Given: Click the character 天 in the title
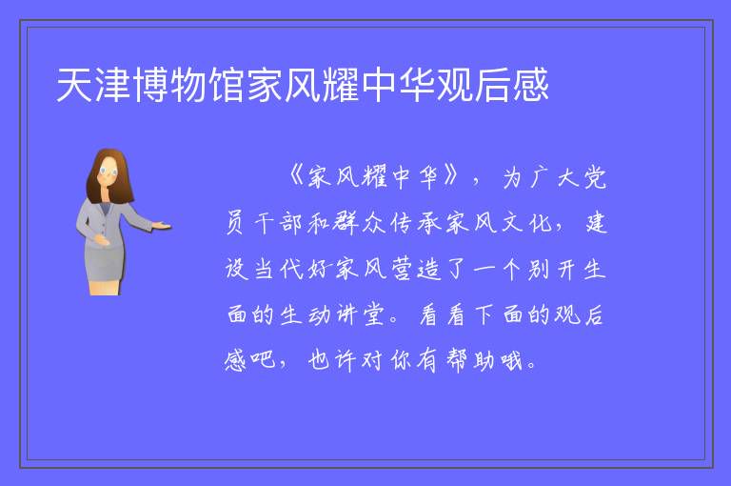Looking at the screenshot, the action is point(74,85).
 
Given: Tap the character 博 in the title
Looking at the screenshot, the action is point(151,85).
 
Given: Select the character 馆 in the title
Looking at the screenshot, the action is point(227,85).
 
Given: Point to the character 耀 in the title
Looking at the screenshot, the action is point(342,85).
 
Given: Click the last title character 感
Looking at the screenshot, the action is point(531,85).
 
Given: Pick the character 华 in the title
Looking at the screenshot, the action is point(417,85).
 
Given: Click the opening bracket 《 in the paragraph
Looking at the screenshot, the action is point(296,176).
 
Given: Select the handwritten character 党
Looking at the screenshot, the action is point(595,177).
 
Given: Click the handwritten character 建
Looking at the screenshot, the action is point(596,223).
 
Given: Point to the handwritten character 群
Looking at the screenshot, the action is point(346,223).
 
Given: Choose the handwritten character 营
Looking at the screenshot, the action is point(401,269).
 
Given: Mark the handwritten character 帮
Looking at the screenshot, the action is point(456,361).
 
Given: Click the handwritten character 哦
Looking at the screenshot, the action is point(511,361).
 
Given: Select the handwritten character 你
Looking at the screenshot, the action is point(401,361).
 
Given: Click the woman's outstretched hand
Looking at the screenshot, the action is point(162,227).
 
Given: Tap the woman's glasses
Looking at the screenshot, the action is point(108,172).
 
